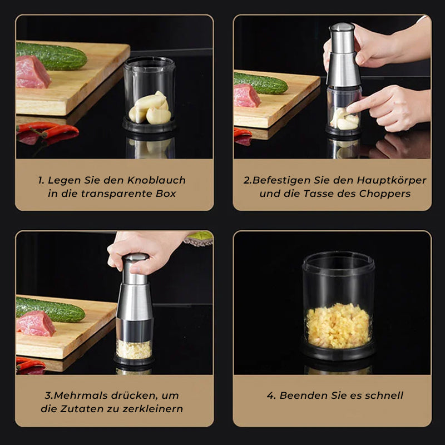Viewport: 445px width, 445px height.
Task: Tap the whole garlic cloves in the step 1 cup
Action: tap(150, 108)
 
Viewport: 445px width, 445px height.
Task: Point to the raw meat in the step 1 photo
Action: tap(32, 72)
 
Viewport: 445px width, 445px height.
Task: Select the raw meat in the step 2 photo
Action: tap(247, 96)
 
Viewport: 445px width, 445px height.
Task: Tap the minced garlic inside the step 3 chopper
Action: tap(133, 349)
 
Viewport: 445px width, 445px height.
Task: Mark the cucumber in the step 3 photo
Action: tap(50, 309)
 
